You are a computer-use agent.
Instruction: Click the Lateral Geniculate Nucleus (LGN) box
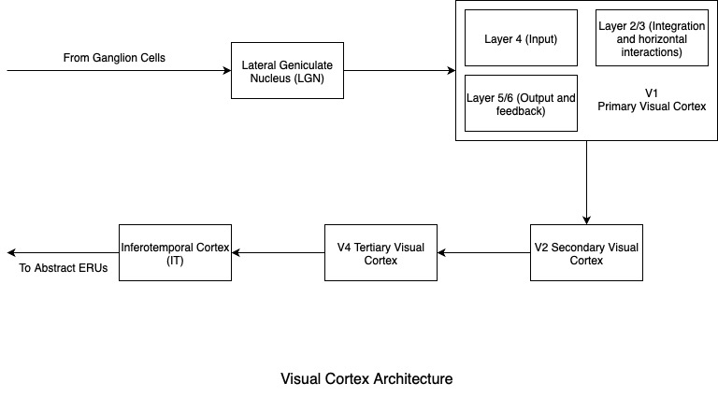(x=287, y=70)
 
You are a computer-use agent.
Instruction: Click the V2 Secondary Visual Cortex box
(x=586, y=253)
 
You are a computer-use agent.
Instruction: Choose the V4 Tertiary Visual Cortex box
(x=381, y=253)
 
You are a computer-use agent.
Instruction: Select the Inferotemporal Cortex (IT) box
(x=175, y=253)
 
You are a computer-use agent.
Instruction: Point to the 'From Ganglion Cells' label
(x=114, y=58)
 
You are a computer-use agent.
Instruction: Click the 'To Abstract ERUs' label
(x=64, y=268)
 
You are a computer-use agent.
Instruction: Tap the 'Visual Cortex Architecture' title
(x=366, y=379)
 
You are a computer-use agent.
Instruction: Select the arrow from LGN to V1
(x=399, y=70)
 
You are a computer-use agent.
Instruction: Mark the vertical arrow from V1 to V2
(x=586, y=183)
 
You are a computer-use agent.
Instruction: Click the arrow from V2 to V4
(x=483, y=253)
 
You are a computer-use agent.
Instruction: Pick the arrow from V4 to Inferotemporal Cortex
(x=278, y=253)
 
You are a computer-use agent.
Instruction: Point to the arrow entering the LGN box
(x=119, y=70)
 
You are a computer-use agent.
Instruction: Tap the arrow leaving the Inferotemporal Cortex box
(x=63, y=253)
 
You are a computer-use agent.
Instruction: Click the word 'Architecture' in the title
(x=412, y=379)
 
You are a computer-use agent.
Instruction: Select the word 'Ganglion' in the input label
(x=116, y=58)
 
